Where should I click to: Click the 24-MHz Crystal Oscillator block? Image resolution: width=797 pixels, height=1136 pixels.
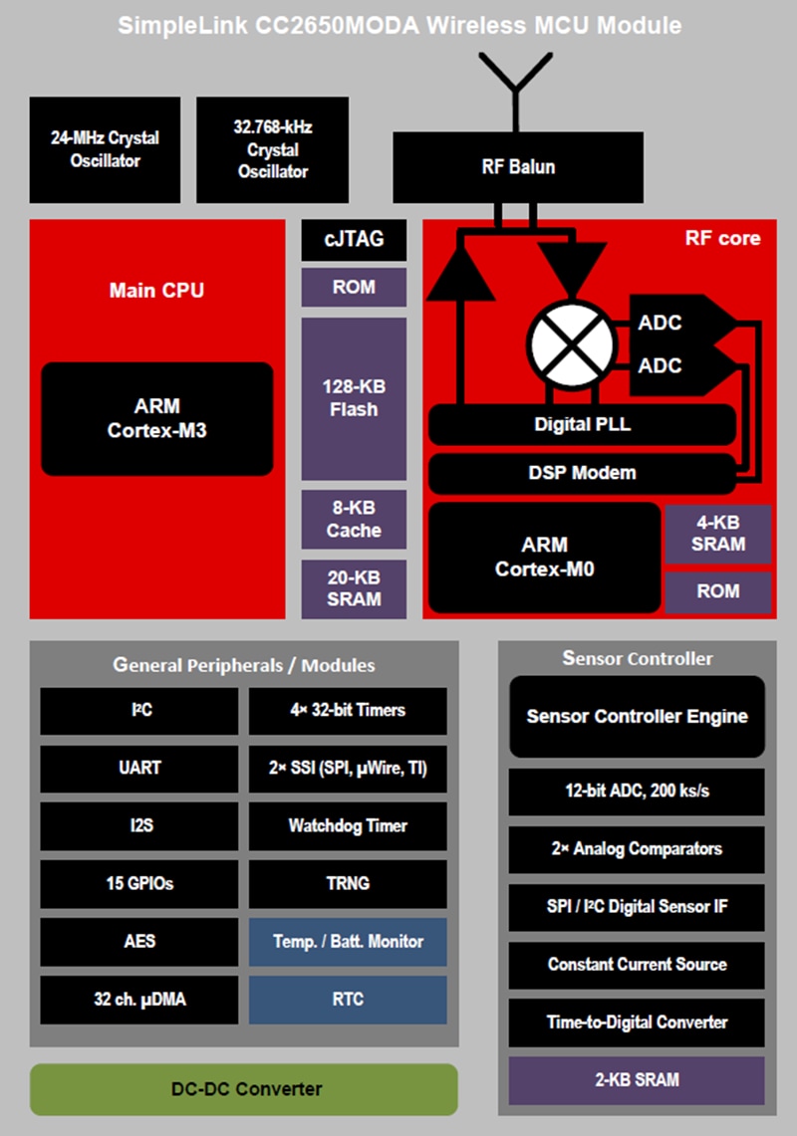[x=105, y=149]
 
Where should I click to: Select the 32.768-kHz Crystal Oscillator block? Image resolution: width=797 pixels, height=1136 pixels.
[x=272, y=149]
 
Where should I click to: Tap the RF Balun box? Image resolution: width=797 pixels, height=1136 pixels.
[x=517, y=166]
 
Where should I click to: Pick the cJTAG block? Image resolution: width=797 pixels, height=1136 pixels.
[x=354, y=239]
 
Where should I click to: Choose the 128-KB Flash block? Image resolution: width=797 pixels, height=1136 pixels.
[x=354, y=398]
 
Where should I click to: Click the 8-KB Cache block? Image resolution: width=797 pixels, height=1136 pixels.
[x=354, y=519]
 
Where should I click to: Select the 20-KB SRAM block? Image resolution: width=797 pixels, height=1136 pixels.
[x=354, y=587]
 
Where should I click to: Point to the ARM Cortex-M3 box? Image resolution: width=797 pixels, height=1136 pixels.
[x=157, y=418]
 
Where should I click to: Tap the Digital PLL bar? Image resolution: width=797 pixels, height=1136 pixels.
[x=582, y=424]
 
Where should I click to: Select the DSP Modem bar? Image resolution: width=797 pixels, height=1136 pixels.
[x=582, y=472]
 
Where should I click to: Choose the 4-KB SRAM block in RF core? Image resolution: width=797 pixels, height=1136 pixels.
[x=717, y=534]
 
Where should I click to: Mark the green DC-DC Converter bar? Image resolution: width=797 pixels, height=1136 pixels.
[x=243, y=1088]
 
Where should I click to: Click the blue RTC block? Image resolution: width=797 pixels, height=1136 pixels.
[x=348, y=1000]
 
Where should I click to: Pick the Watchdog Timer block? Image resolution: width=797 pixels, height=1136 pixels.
[x=348, y=825]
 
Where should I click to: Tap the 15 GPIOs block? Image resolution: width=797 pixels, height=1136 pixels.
[x=139, y=883]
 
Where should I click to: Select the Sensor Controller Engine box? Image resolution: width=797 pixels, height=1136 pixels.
[x=637, y=716]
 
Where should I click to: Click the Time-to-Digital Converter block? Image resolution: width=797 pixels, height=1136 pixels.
[x=637, y=1022]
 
